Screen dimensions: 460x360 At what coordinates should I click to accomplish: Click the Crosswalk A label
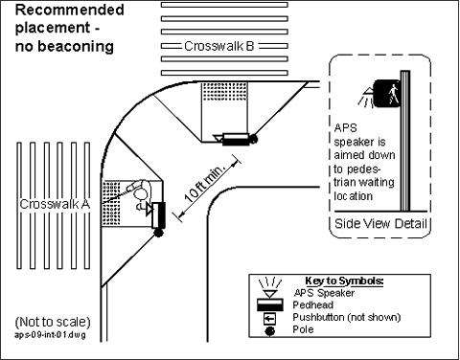pos(55,204)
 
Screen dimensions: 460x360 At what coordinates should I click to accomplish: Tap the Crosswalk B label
pos(219,46)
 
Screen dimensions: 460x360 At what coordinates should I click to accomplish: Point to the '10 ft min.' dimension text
pos(205,184)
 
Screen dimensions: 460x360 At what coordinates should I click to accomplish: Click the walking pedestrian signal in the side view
pos(386,94)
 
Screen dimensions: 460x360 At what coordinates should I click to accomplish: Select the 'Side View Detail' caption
pos(380,224)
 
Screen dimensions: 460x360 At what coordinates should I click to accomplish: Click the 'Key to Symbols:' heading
pos(344,281)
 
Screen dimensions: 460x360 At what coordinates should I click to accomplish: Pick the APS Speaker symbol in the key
pos(270,288)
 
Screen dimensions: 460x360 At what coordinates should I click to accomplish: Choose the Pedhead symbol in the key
pos(270,304)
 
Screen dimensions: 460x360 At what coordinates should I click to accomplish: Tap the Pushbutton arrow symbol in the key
pos(269,319)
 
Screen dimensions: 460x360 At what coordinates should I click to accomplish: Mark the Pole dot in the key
pos(270,331)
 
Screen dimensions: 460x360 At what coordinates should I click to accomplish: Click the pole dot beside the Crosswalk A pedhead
pos(158,233)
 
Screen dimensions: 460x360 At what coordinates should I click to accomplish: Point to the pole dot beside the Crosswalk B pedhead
pos(253,139)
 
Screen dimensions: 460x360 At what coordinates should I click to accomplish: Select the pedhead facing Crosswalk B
pos(236,140)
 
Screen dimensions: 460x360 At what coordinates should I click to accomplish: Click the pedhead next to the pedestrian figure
pos(159,214)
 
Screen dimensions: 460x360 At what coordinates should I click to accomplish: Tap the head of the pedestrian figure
pos(141,193)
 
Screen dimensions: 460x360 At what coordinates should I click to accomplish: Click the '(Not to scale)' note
pos(53,323)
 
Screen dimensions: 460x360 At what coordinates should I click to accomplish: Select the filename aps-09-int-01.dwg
pos(50,335)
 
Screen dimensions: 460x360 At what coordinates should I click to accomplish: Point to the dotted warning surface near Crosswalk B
pos(225,91)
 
